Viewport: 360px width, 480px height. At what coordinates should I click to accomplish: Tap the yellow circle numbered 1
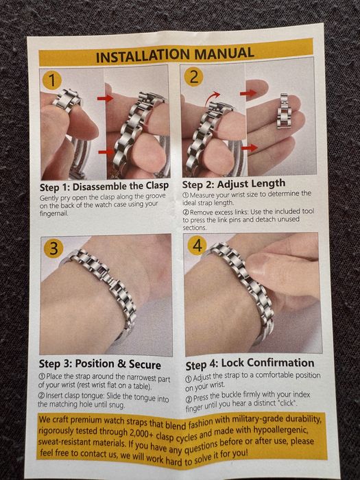point(52,80)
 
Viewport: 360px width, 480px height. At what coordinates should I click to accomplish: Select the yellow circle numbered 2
point(193,77)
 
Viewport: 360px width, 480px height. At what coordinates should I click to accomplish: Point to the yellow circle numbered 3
point(53,248)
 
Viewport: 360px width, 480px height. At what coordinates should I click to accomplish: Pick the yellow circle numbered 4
point(197,245)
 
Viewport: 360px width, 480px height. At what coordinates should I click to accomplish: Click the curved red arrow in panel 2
point(213,97)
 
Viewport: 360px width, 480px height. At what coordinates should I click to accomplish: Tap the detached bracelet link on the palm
point(284,111)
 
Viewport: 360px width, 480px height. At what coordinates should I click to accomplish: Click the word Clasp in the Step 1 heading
point(157,186)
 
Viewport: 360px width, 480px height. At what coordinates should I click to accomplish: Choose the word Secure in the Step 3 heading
point(145,365)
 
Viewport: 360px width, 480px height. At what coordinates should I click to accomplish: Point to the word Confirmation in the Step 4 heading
point(268,363)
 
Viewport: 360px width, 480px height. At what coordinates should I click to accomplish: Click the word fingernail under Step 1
point(54,213)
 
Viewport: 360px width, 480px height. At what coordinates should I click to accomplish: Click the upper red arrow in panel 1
point(105,98)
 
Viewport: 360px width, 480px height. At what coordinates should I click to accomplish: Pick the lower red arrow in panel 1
point(106,152)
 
